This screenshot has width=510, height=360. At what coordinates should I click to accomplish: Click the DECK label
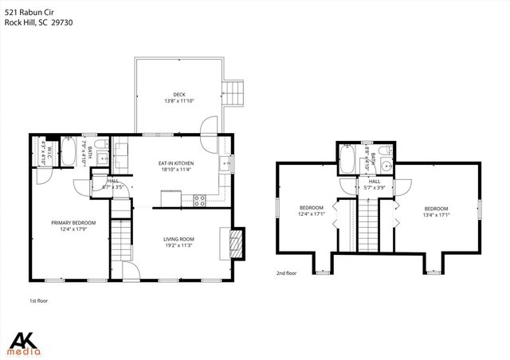pyautogui.click(x=179, y=94)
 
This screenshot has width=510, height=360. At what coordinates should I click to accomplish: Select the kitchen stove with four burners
pyautogui.click(x=198, y=199)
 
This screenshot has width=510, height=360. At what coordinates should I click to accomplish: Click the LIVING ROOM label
pyautogui.click(x=179, y=239)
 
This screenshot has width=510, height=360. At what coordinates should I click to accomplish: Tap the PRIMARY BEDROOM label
pyautogui.click(x=73, y=222)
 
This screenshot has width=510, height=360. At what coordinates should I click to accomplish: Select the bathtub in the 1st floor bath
pyautogui.click(x=69, y=151)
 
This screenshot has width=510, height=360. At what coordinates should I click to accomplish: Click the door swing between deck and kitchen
pyautogui.click(x=207, y=126)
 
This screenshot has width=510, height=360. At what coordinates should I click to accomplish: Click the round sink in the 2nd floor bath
pyautogui.click(x=386, y=166)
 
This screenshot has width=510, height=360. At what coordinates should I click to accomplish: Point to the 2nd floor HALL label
pyautogui.click(x=374, y=182)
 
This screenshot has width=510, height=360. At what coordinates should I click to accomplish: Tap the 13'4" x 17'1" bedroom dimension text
pyautogui.click(x=438, y=213)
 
